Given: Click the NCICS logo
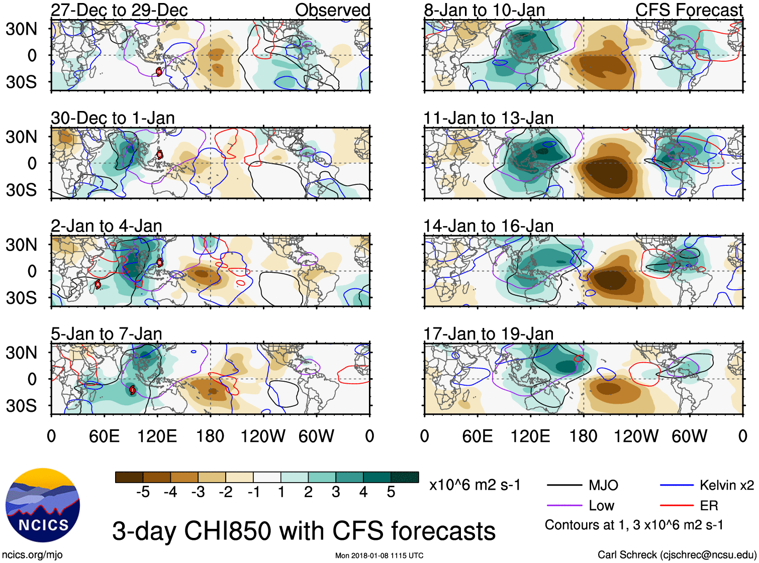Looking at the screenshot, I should (43, 505).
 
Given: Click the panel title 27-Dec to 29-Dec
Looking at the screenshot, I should (119, 10).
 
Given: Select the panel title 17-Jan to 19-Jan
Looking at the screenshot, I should (488, 334).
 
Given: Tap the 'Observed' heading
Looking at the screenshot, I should (332, 10).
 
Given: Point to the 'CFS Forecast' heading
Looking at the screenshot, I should (689, 10).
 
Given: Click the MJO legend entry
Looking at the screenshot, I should (603, 485).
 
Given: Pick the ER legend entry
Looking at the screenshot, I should (709, 505).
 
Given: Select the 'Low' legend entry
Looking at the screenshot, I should (601, 505).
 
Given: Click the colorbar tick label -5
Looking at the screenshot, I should (143, 492).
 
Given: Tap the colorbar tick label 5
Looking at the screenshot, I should (391, 492).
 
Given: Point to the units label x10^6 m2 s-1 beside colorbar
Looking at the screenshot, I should (475, 485).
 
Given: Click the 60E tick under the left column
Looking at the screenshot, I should (104, 436).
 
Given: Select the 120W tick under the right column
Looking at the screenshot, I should (636, 436).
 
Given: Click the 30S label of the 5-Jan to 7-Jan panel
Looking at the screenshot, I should (21, 406).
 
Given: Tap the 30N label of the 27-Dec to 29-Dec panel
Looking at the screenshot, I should (21, 29).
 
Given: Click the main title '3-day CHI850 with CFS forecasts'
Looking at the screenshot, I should (304, 531).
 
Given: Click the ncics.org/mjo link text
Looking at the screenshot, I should (32, 555).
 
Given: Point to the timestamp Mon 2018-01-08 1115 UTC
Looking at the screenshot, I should (379, 555).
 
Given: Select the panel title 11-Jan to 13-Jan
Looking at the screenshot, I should (488, 119).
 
